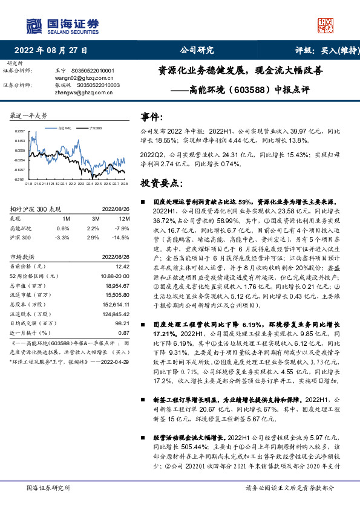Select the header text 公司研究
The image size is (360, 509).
(x=197, y=50)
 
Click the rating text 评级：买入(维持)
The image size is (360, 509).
(x=320, y=50)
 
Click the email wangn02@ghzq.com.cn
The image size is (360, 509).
(x=88, y=77)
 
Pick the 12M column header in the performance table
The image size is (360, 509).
(x=125, y=218)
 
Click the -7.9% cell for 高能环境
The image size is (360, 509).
(x=122, y=228)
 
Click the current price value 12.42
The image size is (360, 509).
(x=122, y=265)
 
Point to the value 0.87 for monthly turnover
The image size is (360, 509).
(x=123, y=332)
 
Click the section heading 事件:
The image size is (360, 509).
(x=152, y=116)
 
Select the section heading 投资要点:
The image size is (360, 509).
(x=162, y=183)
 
